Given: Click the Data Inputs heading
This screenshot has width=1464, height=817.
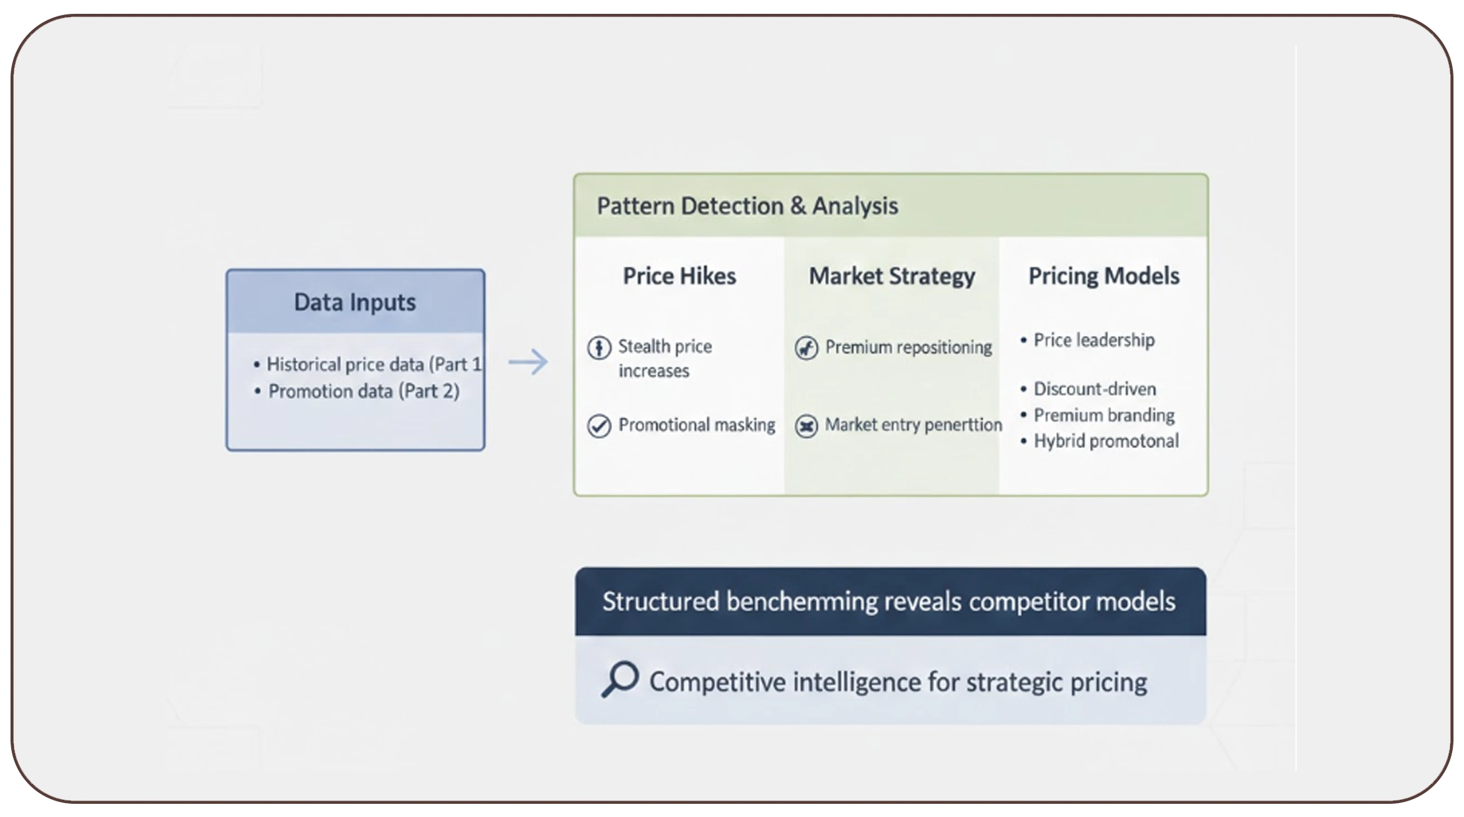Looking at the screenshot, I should [354, 302].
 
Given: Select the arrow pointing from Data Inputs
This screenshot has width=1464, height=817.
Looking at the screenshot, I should [528, 362].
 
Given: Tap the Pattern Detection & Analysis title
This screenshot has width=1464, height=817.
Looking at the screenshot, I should [747, 206].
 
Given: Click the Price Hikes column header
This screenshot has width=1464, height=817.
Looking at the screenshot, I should [679, 276].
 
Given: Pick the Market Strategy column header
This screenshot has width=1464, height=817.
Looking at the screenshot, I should [892, 276].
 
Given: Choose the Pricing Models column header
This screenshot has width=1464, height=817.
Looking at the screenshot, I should [1104, 276].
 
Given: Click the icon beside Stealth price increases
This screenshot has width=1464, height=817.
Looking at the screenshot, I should [599, 347].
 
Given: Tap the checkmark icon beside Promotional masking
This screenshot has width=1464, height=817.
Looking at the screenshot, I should [599, 426].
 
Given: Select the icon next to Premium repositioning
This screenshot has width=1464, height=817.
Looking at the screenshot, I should [806, 347].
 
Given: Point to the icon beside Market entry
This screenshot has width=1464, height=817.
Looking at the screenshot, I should [806, 426].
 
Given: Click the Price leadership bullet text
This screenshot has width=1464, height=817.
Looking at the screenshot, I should [1094, 340].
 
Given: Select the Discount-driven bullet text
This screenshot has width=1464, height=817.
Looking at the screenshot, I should [1095, 389].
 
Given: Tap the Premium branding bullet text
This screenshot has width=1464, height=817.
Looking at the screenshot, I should [1104, 415].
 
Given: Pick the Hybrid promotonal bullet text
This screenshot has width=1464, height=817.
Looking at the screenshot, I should [1106, 441].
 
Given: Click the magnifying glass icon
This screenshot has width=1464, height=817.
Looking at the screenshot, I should [620, 679].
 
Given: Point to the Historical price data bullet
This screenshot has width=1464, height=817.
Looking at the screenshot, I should [373, 364].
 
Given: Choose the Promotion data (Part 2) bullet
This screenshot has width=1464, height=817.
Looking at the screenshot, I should [364, 391].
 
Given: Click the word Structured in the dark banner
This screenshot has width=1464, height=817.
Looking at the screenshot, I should [661, 602].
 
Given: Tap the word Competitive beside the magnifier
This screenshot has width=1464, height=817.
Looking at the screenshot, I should [717, 682].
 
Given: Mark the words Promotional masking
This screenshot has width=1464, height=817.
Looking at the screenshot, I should [697, 425].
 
